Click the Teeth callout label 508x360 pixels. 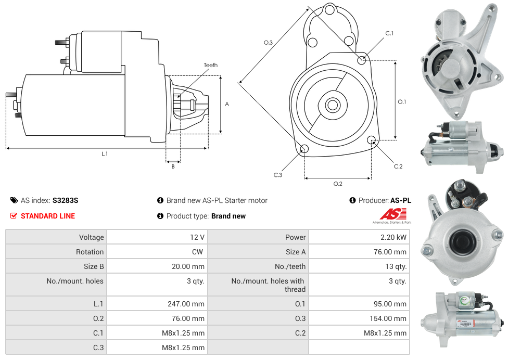pyautogui.click(x=210, y=65)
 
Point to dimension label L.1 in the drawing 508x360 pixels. pyautogui.click(x=105, y=153)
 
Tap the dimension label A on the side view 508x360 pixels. pyautogui.click(x=227, y=104)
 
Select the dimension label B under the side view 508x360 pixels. pyautogui.click(x=173, y=166)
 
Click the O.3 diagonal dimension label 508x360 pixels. pyautogui.click(x=269, y=43)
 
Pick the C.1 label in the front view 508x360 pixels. pyautogui.click(x=389, y=33)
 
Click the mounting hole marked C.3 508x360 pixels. pyautogui.click(x=304, y=150)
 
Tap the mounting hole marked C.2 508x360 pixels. pyautogui.click(x=372, y=140)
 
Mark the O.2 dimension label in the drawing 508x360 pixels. pyautogui.click(x=338, y=184)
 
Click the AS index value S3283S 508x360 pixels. pyautogui.click(x=65, y=200)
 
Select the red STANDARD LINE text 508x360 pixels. pyautogui.click(x=48, y=216)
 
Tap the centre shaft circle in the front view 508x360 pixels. pyautogui.click(x=332, y=105)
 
